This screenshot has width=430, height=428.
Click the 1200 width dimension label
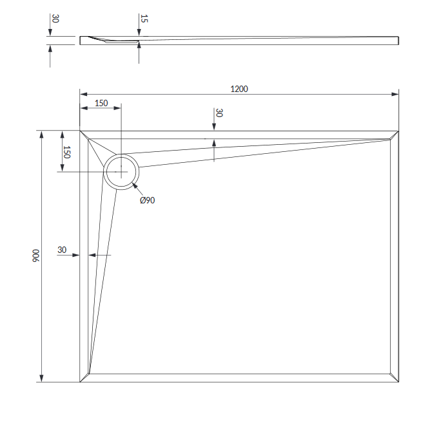(239, 89)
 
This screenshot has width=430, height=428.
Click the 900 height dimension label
(36, 256)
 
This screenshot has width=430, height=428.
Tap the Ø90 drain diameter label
(147, 200)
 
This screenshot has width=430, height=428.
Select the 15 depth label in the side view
(144, 19)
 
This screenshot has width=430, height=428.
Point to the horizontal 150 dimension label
(101, 103)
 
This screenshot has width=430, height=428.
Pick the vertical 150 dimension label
(66, 152)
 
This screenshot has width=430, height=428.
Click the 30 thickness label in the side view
(55, 19)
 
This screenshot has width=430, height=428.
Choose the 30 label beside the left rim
(62, 250)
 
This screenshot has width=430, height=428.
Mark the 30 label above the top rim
(219, 113)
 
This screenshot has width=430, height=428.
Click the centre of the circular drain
(121, 172)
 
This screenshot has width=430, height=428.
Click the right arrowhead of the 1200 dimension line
(395, 94)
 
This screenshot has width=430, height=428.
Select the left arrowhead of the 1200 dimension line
(83, 94)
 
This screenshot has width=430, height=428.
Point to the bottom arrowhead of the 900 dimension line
(41, 378)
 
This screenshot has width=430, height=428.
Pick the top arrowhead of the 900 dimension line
(41, 135)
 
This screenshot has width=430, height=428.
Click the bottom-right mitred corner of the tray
(395, 378)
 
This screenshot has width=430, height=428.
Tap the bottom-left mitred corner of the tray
(84, 378)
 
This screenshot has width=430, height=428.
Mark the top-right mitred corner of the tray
(395, 135)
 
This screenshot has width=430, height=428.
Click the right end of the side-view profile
(398, 41)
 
